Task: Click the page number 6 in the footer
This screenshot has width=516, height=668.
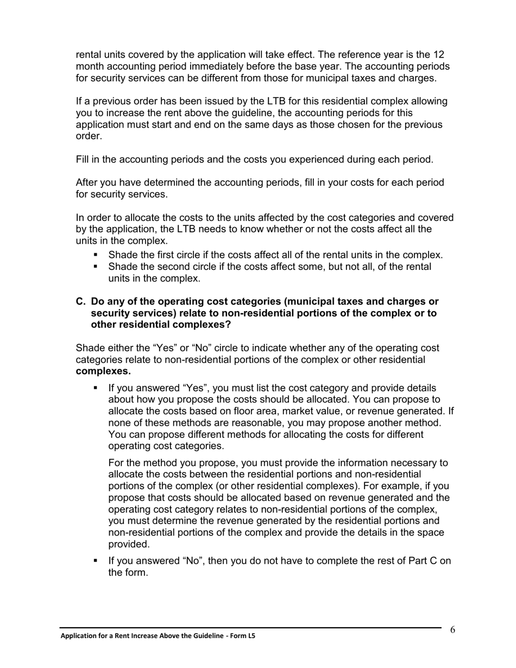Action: (452, 630)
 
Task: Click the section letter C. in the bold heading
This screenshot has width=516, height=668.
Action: (81, 301)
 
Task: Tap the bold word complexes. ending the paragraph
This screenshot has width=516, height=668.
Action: (103, 371)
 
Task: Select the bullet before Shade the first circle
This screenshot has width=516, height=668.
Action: (96, 255)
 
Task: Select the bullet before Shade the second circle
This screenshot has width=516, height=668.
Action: (96, 267)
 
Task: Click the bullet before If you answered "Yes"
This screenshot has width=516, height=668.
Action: (96, 388)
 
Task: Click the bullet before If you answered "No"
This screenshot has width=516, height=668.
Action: (96, 560)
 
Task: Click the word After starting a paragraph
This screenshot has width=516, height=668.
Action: (89, 182)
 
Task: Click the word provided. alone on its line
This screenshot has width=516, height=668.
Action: (129, 544)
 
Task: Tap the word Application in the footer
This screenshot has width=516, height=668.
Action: (77, 636)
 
